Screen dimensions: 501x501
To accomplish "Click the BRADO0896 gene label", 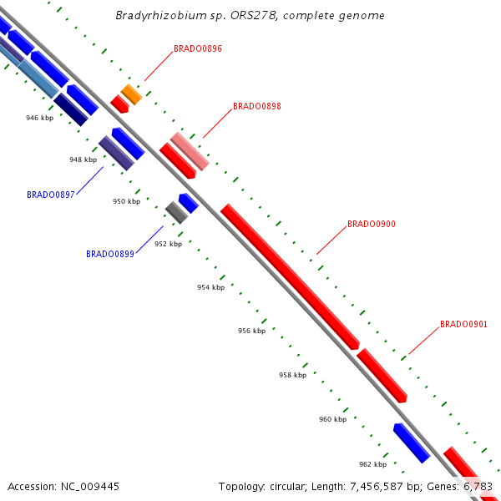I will coord(198,49).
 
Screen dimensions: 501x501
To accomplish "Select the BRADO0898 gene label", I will coord(257,107).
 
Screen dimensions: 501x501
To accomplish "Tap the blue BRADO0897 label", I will coord(51,195).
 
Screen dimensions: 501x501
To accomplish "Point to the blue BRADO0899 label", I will coord(110,254).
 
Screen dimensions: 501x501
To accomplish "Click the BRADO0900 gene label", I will coord(372,225).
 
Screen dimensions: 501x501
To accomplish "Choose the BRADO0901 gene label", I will coord(463,324).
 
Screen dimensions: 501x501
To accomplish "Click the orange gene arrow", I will coord(131,94).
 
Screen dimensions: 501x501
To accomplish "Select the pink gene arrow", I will coord(190,151).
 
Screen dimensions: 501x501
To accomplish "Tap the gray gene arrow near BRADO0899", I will coord(175,212).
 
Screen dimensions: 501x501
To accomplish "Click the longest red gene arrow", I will coord(290,276).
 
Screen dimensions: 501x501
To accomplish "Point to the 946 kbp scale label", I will coord(39,119).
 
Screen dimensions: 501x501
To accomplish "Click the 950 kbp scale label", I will coord(126,201).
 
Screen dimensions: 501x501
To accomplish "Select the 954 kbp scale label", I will coord(210,287).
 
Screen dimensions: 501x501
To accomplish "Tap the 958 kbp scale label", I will coord(292,376).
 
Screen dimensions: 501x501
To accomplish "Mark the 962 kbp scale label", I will coord(372,464).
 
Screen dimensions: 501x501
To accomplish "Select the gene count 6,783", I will coord(478,486).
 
